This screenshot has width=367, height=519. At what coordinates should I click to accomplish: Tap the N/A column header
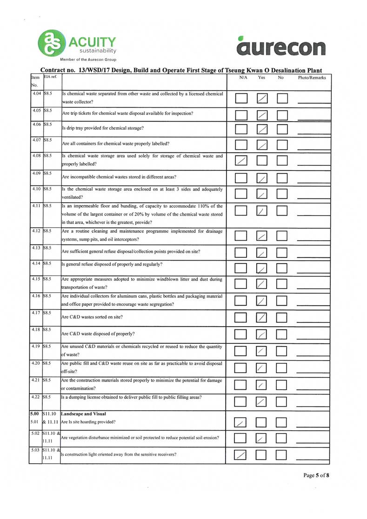click(243, 78)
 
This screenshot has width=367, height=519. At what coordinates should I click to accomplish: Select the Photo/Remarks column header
click(312, 78)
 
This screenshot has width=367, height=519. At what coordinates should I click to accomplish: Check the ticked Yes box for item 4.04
click(263, 98)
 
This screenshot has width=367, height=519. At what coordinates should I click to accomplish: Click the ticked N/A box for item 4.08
click(242, 161)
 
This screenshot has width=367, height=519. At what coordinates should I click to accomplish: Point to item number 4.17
click(35, 313)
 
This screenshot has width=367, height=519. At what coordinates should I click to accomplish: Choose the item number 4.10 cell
click(35, 190)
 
